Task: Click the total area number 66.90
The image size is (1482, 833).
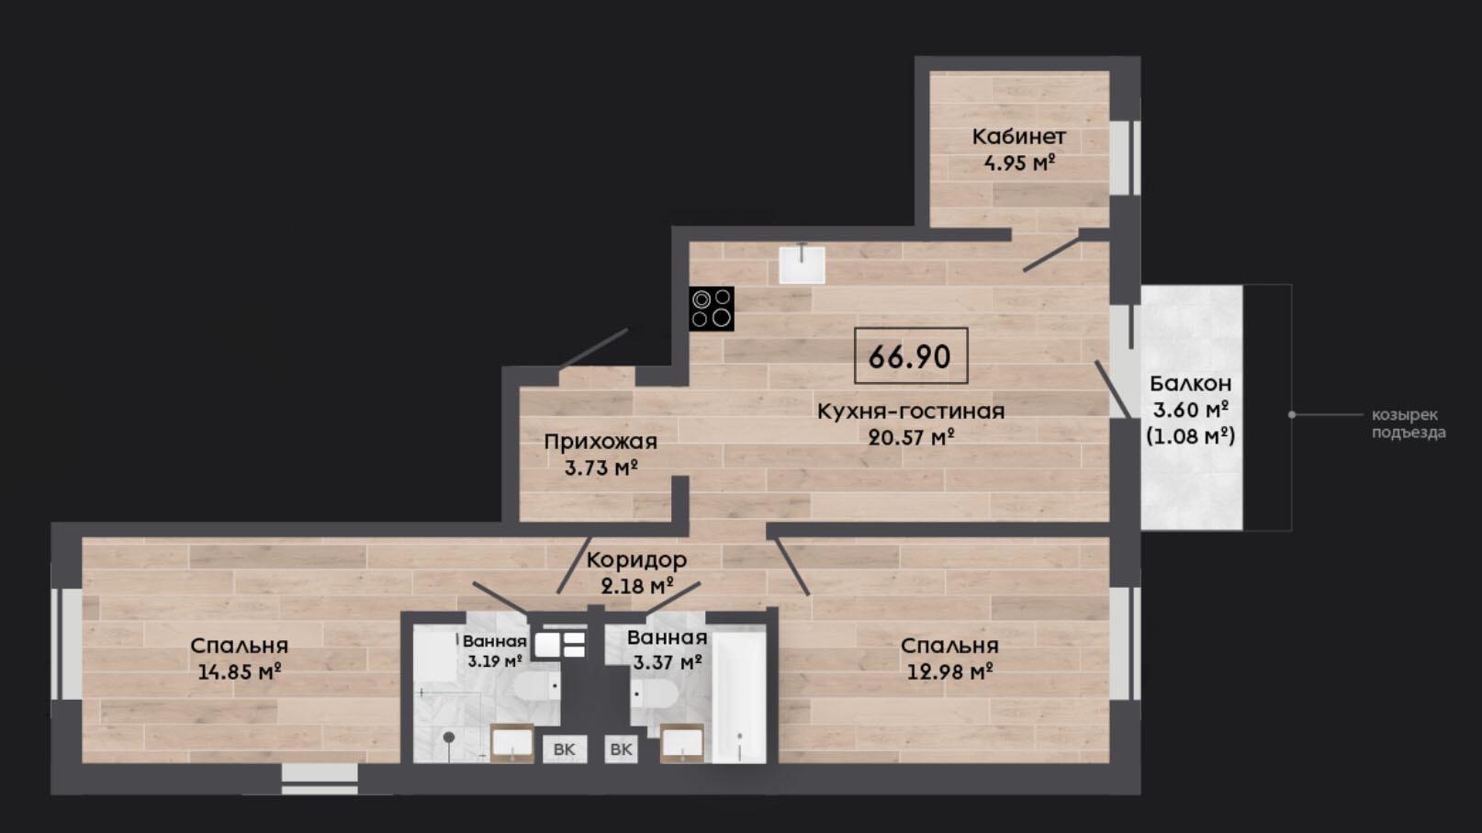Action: point(910,357)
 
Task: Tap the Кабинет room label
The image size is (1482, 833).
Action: point(1019,137)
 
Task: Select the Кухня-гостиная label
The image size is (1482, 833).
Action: point(911,411)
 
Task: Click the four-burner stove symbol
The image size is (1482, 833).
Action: point(712,309)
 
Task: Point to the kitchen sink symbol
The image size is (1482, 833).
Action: point(802,264)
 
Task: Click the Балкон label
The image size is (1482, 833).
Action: point(1191,384)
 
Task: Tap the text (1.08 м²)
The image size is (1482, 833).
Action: point(1191,436)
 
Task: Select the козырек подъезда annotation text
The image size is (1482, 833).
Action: point(1409,424)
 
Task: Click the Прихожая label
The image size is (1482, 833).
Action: point(601,442)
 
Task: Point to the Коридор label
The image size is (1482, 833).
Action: point(636,560)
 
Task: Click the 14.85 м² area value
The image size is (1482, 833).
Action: point(241,672)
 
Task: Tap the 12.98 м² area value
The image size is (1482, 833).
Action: point(950,672)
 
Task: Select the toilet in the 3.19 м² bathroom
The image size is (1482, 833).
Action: point(537,686)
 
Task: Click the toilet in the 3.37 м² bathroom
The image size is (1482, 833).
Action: point(655,694)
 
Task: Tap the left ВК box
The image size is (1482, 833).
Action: point(565,749)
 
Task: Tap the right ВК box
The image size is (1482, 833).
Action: point(621,749)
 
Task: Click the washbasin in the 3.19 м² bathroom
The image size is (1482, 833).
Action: point(511,743)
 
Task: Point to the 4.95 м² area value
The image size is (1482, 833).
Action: point(1019,163)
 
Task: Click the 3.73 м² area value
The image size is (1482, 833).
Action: point(601,468)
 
